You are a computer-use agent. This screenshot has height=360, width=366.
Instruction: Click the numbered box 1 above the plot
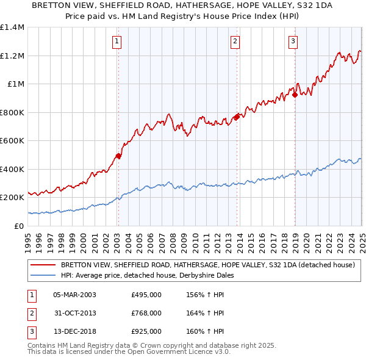point(116,41)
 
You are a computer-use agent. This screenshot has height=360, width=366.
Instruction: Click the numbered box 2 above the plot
point(235,41)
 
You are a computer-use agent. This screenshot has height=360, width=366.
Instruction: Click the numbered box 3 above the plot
point(293,41)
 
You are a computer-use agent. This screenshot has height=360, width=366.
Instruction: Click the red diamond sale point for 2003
point(118,156)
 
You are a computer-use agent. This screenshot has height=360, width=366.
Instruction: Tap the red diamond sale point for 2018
point(295,95)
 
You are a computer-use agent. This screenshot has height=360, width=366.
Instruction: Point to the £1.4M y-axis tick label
point(12,27)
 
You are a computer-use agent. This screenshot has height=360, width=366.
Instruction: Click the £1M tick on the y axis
point(16,84)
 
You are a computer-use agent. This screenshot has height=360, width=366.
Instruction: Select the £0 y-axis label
point(20,226)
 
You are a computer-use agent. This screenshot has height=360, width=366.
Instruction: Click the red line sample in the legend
point(43,265)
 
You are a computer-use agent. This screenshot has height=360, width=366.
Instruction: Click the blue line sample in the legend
point(43,275)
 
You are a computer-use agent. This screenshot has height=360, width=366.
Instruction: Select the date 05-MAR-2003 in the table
point(75,295)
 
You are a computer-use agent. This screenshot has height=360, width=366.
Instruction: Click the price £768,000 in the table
point(146,313)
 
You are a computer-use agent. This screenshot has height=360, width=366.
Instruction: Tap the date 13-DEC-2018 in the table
point(75,331)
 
